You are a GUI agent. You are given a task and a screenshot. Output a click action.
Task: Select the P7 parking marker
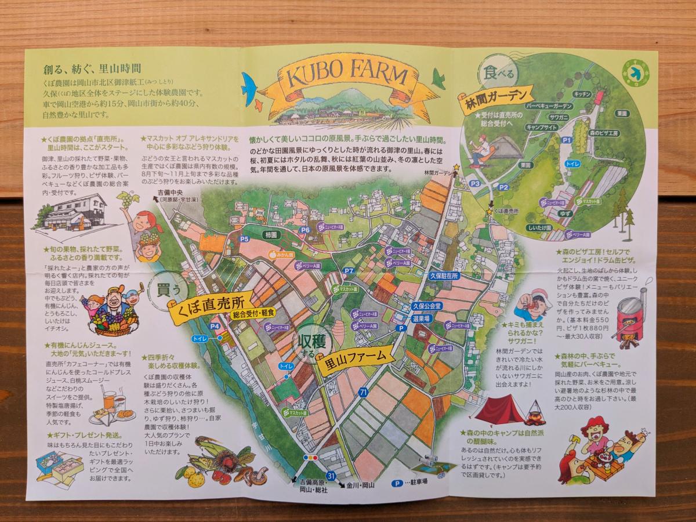349,271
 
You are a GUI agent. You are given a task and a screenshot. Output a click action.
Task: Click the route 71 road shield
364,393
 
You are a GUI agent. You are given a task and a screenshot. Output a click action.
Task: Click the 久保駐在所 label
444,277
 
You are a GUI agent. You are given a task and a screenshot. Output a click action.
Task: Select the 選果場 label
421,318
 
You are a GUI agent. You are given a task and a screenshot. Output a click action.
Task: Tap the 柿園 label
271,236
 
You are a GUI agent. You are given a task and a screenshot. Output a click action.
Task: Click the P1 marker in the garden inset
567,140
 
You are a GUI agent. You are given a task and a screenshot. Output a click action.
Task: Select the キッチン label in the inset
582,94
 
